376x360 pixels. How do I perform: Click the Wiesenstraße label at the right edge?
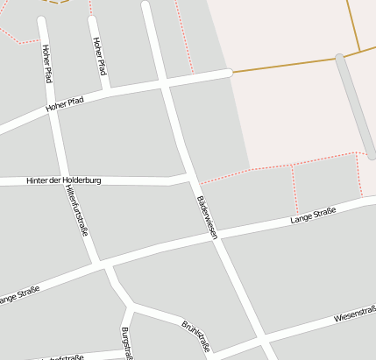tap(355, 314)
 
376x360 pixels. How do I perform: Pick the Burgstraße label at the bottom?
tap(126, 342)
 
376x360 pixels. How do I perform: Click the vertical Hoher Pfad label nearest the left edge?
tap(46, 63)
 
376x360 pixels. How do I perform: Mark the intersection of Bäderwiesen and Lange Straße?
tap(215, 236)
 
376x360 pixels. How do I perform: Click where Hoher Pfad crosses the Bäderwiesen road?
tap(165, 84)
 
